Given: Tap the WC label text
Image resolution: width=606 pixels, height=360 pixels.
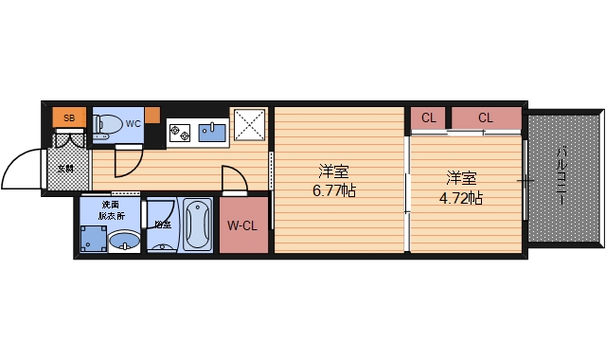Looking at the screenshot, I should [133, 123].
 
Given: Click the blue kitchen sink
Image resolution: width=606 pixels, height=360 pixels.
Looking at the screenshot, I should [212, 132].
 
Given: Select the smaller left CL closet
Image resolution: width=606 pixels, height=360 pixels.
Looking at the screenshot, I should [429, 118].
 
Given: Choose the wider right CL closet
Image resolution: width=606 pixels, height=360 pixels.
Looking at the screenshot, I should [486, 118].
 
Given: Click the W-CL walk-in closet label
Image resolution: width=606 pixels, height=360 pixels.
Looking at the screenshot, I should [243, 225].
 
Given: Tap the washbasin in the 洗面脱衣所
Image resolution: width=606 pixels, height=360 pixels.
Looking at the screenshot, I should [123, 243].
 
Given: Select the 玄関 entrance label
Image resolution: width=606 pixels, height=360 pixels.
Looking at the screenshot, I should [65, 169].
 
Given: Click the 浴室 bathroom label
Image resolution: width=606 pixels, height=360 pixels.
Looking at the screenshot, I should [163, 225].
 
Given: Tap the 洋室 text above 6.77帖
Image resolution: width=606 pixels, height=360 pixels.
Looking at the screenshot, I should [333, 172].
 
